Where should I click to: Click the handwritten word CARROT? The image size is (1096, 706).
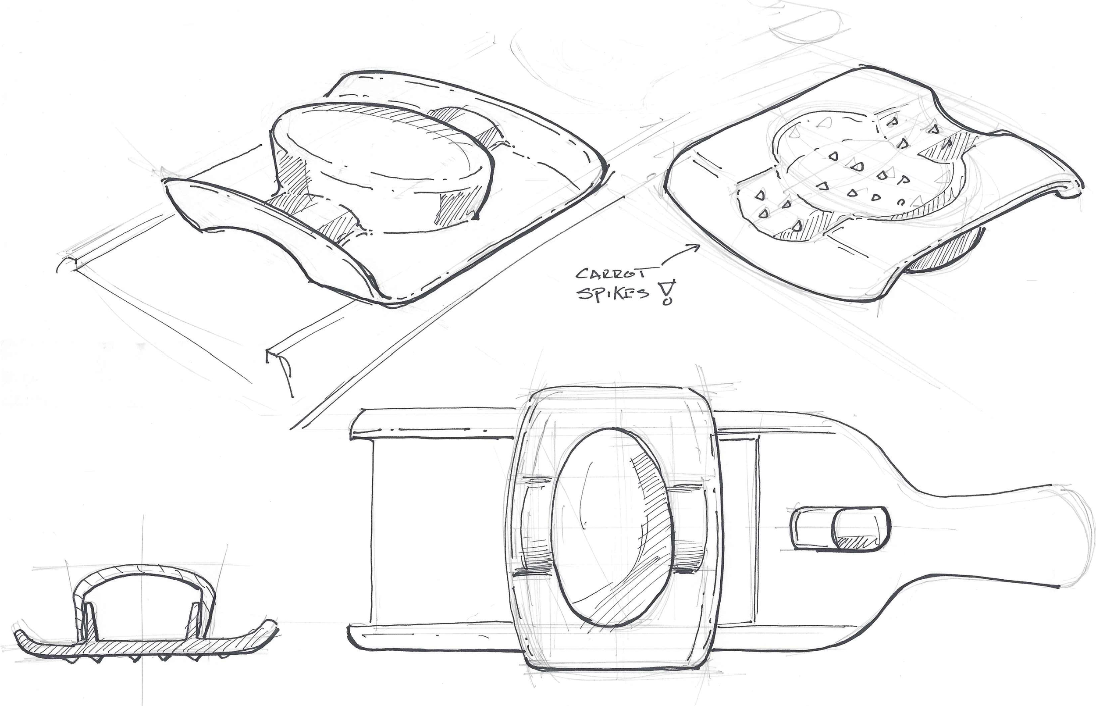coord(610,274)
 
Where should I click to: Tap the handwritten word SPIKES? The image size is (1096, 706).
coord(613,293)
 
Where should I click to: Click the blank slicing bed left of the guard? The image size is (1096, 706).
coord(440,532)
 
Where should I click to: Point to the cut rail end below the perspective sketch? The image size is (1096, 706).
coord(281,367)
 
